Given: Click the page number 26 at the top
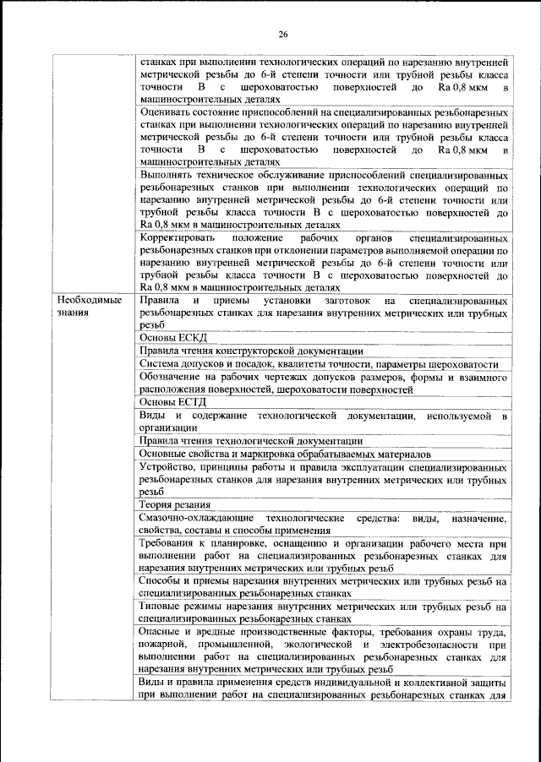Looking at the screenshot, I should [283, 34].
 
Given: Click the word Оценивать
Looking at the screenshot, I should [170, 112].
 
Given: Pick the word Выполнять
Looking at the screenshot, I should [168, 175].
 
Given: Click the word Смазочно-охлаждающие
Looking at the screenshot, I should [195, 517].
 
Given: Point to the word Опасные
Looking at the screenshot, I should [164, 633].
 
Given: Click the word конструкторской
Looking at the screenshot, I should [268, 351].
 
